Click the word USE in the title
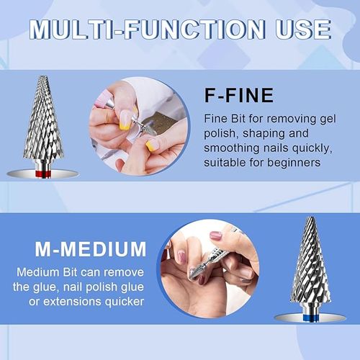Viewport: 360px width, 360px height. pos(303,30)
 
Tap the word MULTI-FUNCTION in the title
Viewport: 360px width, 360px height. pos(147,30)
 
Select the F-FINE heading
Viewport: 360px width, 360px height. pos(239,95)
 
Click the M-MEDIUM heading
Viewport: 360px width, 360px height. pos(91,249)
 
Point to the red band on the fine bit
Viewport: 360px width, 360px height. pos(43,174)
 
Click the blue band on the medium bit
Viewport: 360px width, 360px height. pos(310,318)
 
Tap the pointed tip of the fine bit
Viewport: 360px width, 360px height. pos(42,76)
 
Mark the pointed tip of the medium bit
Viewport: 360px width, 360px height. pos(311,218)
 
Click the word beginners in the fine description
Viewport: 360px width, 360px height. pos(294,163)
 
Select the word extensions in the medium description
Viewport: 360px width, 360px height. pos(72,302)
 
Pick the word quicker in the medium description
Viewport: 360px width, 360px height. pos(124,302)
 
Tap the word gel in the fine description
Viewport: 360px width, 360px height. pos(328,120)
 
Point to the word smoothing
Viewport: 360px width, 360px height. pos(232,148)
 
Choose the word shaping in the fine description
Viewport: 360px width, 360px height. pos(264,134)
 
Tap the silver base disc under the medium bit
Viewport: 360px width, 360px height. pos(310,318)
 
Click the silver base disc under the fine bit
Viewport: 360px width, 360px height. pos(42,174)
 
